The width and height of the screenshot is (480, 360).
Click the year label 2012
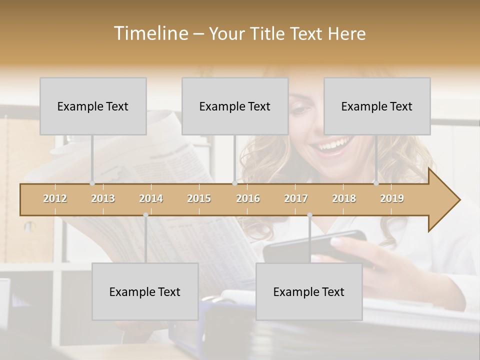[55, 198]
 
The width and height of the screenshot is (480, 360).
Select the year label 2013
[103, 198]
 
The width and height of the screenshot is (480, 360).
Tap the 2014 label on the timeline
[151, 198]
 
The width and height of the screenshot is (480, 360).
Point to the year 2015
[199, 198]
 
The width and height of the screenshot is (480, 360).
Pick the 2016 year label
[248, 198]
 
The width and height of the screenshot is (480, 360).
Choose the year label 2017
[296, 198]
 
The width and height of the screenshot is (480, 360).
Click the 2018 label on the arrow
[344, 198]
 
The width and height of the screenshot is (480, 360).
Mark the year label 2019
[392, 198]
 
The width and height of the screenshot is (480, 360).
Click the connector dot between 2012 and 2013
[92, 183]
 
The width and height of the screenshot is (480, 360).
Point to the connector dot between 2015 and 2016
[234, 183]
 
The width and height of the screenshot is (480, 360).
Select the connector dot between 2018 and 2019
[376, 183]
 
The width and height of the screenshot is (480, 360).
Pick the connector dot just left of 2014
[145, 215]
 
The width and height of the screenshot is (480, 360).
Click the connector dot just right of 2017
[309, 215]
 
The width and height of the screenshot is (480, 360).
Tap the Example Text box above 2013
[93, 106]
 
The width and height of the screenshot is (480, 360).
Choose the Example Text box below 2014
[145, 291]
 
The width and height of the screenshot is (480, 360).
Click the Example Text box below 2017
[309, 291]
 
